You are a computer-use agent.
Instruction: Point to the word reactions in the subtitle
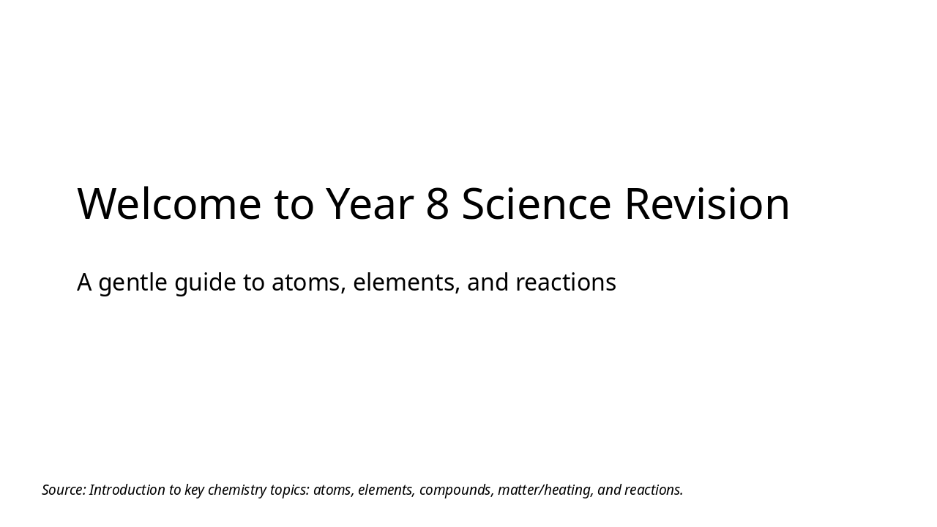point(565,283)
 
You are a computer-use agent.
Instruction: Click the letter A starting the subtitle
point(84,283)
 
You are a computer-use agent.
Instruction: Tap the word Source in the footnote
point(64,490)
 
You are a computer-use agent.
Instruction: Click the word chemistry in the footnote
point(236,490)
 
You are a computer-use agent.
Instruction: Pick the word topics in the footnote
point(290,490)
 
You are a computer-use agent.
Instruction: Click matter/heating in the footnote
point(545,490)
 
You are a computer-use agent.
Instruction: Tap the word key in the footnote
point(194,490)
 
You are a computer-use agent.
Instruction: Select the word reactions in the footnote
point(653,490)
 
